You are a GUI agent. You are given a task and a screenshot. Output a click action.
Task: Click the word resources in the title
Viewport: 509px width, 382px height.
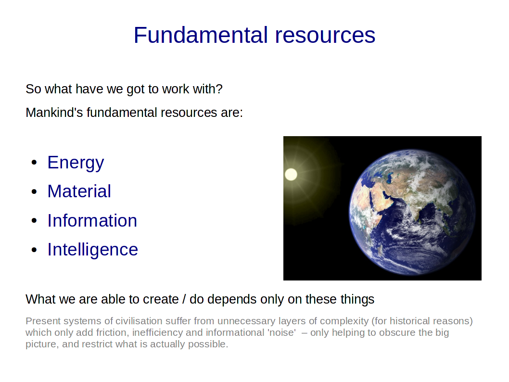tap(325, 36)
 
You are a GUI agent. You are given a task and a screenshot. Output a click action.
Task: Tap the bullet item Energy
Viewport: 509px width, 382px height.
tap(76, 163)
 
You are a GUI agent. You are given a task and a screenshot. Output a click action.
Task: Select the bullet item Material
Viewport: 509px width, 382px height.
tap(79, 191)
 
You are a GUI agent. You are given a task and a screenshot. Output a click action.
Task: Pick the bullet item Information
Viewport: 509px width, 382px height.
tap(92, 220)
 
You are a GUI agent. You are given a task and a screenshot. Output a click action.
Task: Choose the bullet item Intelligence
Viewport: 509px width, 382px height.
tap(93, 250)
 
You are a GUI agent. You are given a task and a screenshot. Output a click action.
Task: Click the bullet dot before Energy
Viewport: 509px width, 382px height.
tap(35, 163)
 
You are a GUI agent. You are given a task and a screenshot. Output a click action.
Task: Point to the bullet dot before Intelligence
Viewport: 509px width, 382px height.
tap(35, 250)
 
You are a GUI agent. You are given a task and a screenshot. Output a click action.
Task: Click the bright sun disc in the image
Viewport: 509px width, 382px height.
tap(291, 174)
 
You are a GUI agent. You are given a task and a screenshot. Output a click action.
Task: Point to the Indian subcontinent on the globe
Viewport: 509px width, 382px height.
tap(422, 208)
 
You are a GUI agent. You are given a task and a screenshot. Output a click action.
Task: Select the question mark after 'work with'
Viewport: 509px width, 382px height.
tap(219, 89)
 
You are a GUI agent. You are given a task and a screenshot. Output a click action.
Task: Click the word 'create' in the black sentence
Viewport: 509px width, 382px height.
tap(161, 299)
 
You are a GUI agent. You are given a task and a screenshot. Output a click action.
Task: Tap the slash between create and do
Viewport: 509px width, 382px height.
tap(184, 299)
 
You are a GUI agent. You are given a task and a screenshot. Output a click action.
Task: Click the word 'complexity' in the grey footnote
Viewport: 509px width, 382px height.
tap(344, 321)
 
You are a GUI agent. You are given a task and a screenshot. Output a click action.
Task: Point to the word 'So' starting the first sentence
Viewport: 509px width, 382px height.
tap(33, 89)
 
